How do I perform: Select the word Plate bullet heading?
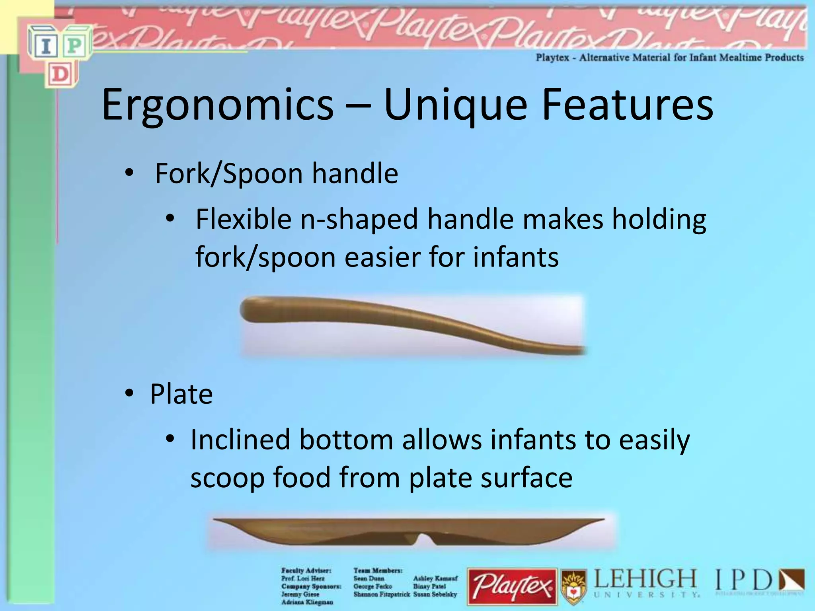[181, 395]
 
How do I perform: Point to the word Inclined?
[240, 440]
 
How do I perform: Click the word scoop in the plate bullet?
[227, 477]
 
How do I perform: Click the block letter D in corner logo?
[60, 74]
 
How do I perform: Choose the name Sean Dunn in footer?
[369, 578]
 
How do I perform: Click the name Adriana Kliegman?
[307, 602]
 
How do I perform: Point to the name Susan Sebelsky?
[435, 594]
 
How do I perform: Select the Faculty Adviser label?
[306, 570]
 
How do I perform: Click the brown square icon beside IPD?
[792, 580]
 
